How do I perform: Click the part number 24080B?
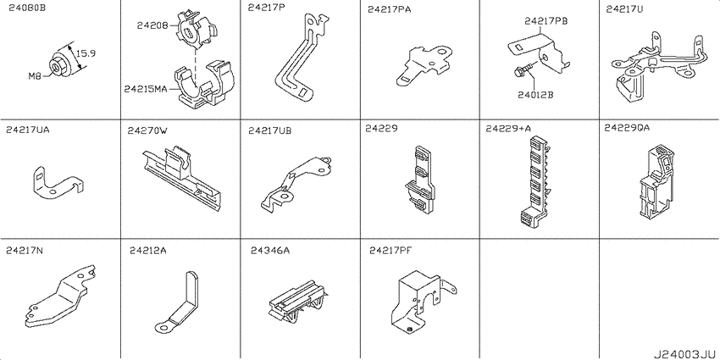point(26,8)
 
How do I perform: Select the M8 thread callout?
point(35,77)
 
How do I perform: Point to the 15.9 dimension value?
point(86,53)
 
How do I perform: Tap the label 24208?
point(152,25)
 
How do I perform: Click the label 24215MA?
point(145,89)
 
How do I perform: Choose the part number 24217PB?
point(546,20)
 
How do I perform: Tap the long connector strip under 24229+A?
point(536,181)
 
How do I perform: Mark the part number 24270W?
point(147,130)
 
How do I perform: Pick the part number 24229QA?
point(627,129)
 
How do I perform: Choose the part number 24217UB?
point(269,130)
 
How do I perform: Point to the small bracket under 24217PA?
point(424,64)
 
